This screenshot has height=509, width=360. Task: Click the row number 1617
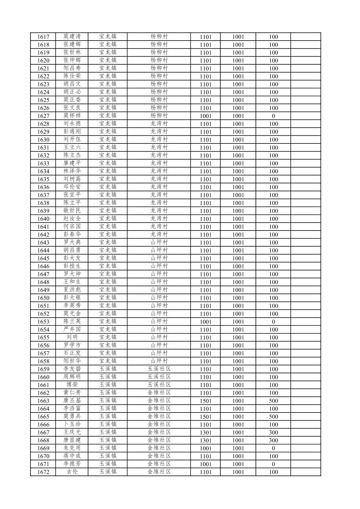coord(43,37)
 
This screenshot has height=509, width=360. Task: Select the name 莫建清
coord(72,37)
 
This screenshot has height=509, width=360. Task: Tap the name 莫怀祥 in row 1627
coord(72,116)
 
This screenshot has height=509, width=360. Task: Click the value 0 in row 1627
coord(273,116)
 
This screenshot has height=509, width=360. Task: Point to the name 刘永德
coord(72,123)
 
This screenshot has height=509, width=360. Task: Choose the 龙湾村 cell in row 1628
coord(159,123)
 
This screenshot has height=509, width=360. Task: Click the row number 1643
coord(43,243)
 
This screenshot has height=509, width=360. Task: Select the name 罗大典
coord(72,242)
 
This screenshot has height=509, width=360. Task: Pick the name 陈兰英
coord(72,321)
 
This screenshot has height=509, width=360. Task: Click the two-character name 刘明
coord(72,337)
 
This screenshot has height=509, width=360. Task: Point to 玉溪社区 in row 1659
coord(159,369)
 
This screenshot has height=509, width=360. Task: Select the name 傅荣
coord(72,385)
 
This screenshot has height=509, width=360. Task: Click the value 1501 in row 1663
coord(205,401)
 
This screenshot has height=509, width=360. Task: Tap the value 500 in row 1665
coord(273,417)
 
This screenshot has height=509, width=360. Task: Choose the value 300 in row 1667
coord(273,432)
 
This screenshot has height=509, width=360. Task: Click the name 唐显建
coord(72,440)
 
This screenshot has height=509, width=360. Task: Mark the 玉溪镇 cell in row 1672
coord(107,472)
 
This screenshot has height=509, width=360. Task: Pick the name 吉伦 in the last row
coord(72,472)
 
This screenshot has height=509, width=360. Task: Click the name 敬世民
coord(72,210)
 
